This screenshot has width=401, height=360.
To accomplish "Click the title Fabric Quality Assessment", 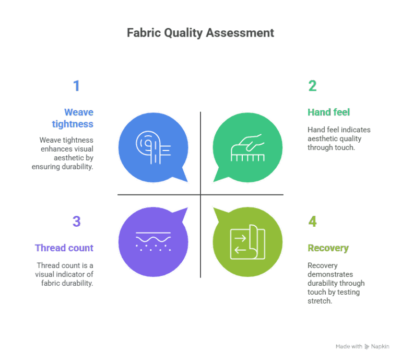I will [200, 33].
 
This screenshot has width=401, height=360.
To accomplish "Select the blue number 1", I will [76, 86].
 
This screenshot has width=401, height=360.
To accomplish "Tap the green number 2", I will [312, 86].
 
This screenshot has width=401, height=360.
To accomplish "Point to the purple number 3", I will [76, 222].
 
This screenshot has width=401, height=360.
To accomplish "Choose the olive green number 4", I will [312, 222].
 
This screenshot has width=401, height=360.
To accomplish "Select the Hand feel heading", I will [328, 112].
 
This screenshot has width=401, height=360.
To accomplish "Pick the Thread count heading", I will [64, 248].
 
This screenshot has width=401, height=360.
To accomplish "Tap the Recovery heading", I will [328, 248].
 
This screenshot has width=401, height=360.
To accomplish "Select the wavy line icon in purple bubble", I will [153, 240].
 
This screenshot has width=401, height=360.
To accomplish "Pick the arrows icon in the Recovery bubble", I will [247, 242].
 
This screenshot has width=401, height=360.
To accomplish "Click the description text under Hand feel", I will [338, 138].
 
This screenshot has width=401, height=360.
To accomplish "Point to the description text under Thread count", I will [65, 274].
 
